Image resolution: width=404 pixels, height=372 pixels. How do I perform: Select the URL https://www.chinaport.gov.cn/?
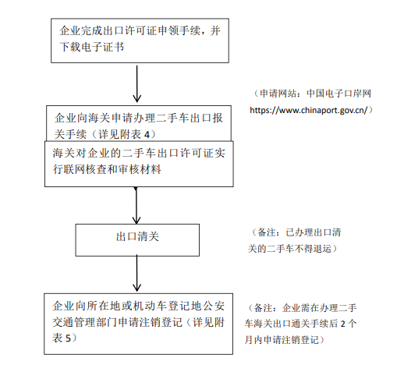(x=309, y=110)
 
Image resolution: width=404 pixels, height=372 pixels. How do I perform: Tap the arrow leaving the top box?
(x=136, y=83)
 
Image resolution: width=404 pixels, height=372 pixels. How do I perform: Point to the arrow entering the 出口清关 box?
(x=136, y=205)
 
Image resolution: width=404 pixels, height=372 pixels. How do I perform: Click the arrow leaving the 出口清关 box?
(x=136, y=273)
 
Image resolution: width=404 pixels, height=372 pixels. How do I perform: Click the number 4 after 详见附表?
(x=147, y=135)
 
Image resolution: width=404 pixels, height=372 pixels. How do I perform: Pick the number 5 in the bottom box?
(x=68, y=338)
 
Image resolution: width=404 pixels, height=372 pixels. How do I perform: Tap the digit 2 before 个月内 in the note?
(x=343, y=324)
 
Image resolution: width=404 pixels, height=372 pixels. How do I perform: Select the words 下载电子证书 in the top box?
(x=92, y=47)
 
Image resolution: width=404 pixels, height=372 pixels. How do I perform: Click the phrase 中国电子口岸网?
(x=338, y=94)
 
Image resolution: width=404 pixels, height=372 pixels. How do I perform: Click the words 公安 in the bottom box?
(x=214, y=306)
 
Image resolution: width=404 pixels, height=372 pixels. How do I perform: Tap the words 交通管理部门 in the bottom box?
(x=85, y=322)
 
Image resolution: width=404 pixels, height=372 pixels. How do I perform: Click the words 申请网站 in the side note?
(x=278, y=94)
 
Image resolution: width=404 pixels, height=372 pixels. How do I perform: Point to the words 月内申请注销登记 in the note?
(x=282, y=340)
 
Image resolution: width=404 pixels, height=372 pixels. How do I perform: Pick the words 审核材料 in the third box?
(x=140, y=169)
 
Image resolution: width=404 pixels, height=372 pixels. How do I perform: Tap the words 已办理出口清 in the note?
(x=314, y=232)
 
